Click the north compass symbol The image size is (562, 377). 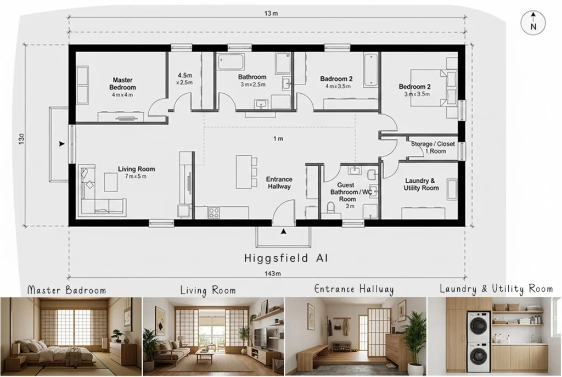coord(533,23)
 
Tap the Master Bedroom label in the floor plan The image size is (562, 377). coord(122,84)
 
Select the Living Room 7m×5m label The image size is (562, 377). coord(136,172)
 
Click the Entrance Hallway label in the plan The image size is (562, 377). coord(279,183)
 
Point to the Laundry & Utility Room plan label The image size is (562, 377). coord(421,184)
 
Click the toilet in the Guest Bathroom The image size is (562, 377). coord(331,207)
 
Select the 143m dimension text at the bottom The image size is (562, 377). coord(273,274)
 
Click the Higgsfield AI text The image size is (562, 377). coord(285,257)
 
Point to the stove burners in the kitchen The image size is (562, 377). coord(214,212)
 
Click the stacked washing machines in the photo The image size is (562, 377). coord(478,341)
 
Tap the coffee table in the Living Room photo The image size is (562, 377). coord(204,357)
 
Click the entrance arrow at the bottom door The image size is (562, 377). coord(283,232)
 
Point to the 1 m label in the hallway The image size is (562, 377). coord(279,139)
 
